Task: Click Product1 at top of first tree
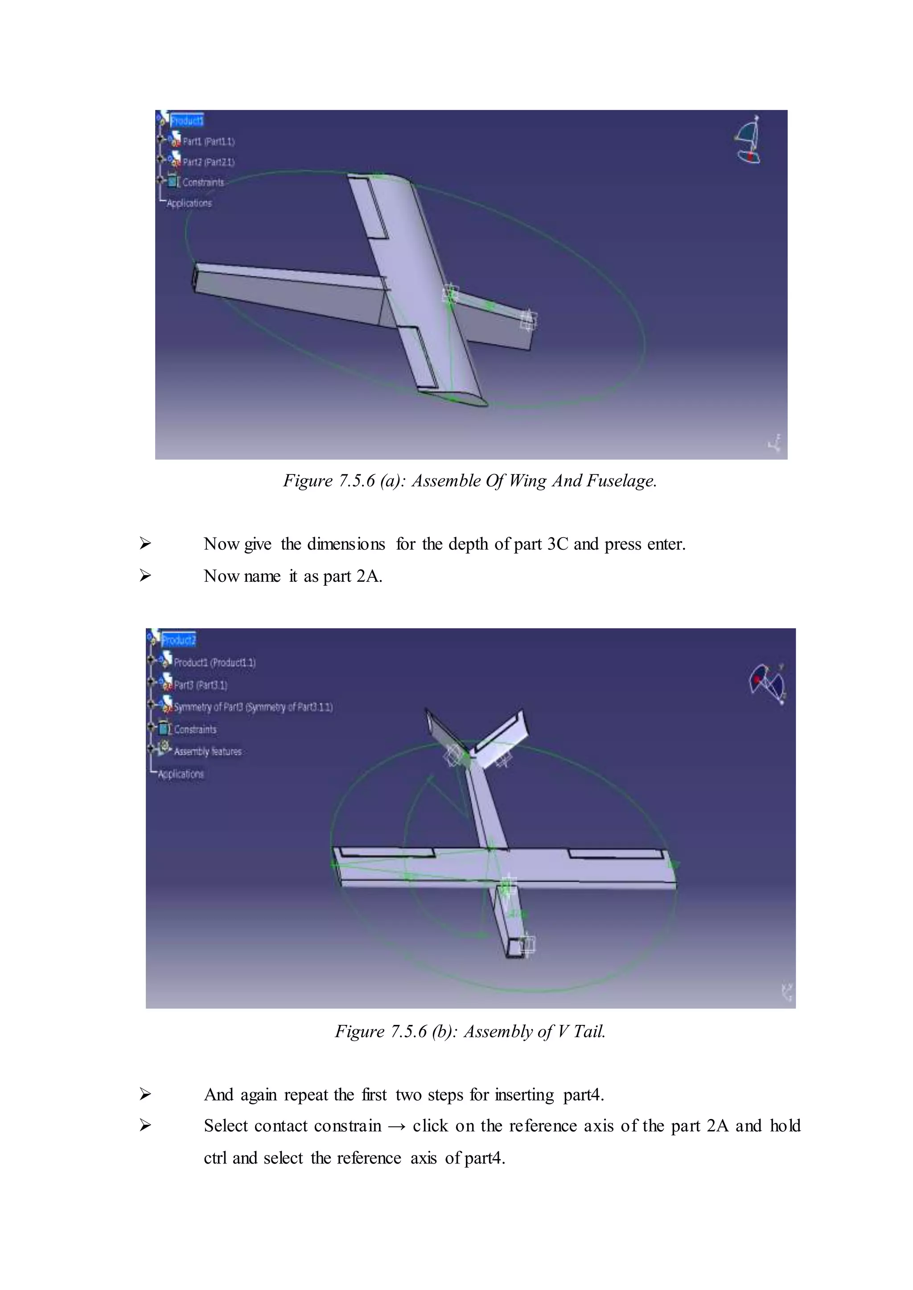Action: point(187,120)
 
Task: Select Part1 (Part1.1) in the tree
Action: point(208,141)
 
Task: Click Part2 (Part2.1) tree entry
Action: point(208,162)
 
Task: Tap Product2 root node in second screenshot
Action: point(178,640)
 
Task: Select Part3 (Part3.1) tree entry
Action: point(200,685)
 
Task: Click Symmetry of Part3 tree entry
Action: point(252,707)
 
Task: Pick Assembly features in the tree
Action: point(207,751)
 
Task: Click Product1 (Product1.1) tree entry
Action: point(214,662)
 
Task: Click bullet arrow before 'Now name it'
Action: point(145,576)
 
